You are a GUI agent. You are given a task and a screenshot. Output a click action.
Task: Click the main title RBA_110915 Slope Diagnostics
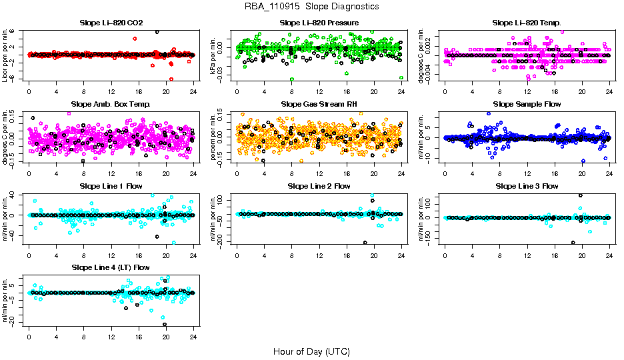pyautogui.click(x=312, y=6)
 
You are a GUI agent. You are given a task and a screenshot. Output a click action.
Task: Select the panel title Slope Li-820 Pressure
pyautogui.click(x=319, y=23)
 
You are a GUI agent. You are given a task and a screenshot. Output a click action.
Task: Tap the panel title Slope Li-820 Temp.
pyautogui.click(x=527, y=23)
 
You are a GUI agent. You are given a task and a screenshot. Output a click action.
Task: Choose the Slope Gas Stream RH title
pyautogui.click(x=319, y=104)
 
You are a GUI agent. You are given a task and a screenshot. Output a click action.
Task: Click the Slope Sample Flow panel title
pyautogui.click(x=527, y=104)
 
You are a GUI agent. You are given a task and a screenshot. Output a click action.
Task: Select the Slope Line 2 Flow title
pyautogui.click(x=319, y=186)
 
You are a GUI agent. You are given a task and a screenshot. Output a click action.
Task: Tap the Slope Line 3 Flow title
pyautogui.click(x=527, y=186)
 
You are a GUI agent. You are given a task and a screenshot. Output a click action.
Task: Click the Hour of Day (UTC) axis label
pyautogui.click(x=311, y=351)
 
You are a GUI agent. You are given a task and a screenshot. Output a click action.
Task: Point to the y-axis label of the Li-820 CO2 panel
pyautogui.click(x=6, y=55)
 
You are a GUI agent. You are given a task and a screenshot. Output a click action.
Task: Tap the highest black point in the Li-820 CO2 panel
pyautogui.click(x=157, y=32)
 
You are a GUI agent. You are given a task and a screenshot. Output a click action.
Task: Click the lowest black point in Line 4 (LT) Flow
pyautogui.click(x=164, y=325)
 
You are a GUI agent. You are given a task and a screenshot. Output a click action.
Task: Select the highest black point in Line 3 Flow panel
pyautogui.click(x=581, y=195)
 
